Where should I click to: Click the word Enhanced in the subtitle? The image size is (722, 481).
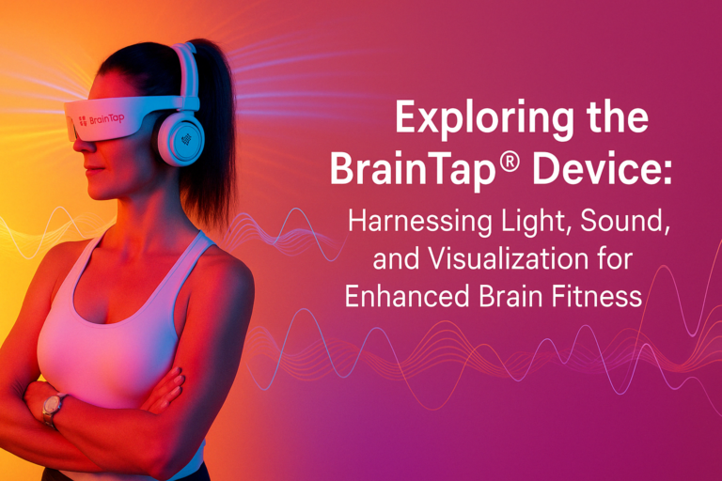[x=407, y=296]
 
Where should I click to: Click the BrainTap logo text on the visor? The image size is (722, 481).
[x=107, y=119]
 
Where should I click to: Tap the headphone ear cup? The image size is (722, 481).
[x=180, y=137]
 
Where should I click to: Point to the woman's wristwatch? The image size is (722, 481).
[x=52, y=407]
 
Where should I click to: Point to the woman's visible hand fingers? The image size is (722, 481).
[x=165, y=390]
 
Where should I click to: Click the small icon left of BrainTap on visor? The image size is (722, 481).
[x=83, y=120]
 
